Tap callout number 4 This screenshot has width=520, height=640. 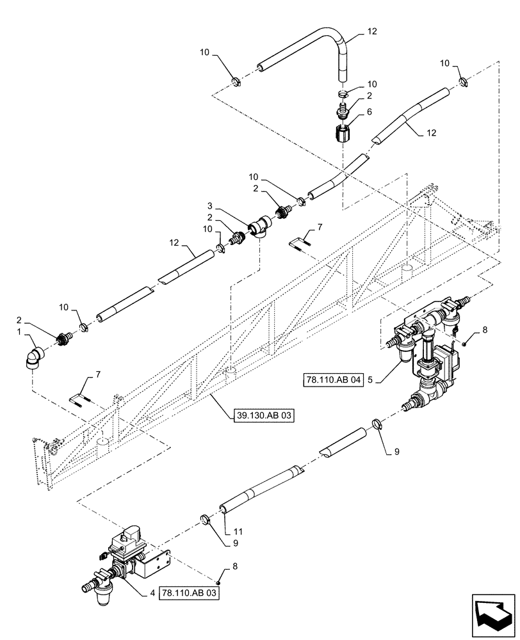point(152,593)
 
